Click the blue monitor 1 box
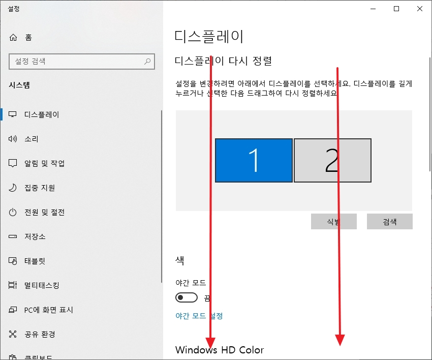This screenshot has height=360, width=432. pos(254,160)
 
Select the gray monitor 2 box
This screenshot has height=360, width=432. pos(332,160)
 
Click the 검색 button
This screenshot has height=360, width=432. pos(389,222)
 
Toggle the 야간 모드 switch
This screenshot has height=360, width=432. pos(186,297)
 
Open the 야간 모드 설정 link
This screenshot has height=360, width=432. pos(199,316)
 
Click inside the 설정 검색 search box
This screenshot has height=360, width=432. pos(76,62)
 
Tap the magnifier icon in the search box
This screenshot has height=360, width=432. pos(147,62)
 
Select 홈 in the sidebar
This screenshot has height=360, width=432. pos(28,37)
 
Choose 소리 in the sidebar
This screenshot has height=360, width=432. pos(32,139)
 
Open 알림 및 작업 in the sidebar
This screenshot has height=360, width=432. pos(44,163)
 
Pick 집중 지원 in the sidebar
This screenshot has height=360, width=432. pos(40,188)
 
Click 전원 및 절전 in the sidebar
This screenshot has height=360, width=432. pos(44,212)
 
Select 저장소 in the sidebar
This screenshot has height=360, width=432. pos(35,236)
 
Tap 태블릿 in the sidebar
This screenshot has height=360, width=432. pos(35,261)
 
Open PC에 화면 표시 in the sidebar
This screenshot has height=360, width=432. pos(49,310)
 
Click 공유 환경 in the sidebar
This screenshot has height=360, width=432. pos(40,334)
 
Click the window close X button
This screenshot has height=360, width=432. pos(420,8)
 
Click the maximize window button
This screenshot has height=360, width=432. pos(396,8)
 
